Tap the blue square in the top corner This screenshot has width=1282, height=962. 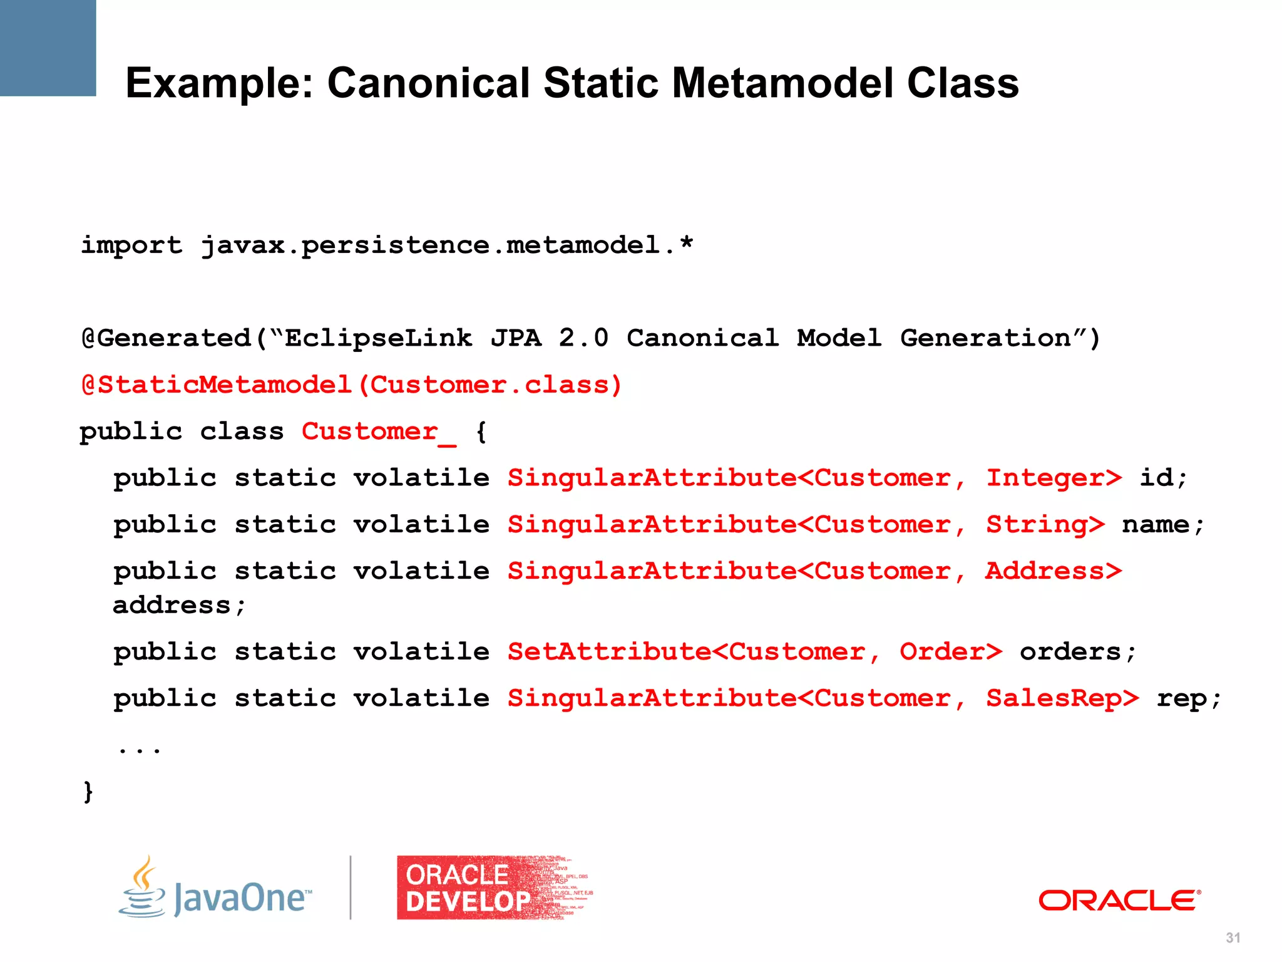coord(48,48)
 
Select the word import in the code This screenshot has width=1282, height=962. coord(131,245)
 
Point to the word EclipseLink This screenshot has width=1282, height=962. coord(378,338)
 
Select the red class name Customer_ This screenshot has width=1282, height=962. coord(378,432)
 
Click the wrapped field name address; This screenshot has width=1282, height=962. coord(179,605)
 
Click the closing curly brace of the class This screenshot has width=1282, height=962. coord(88,792)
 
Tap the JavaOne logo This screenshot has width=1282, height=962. coord(216,889)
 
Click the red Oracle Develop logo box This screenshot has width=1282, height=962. coord(495,887)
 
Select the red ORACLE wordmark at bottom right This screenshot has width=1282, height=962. coord(1119,901)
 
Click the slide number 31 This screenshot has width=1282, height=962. coord(1233,938)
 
